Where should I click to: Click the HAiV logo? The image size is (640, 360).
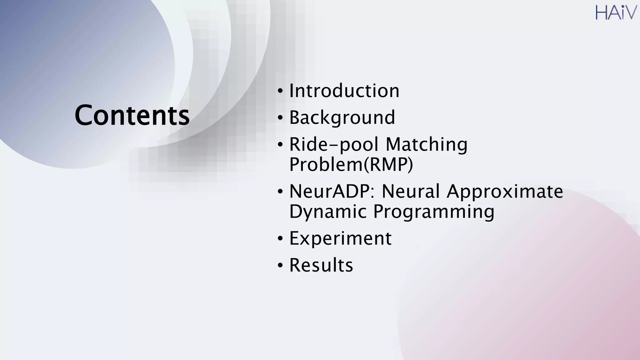616,12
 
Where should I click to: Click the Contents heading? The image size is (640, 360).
132,115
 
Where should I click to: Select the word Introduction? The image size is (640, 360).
344,91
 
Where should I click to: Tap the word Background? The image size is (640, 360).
342,118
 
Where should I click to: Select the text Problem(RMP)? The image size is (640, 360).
351,164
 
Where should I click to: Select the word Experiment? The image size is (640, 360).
340,238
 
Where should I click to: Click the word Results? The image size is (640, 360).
321,265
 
